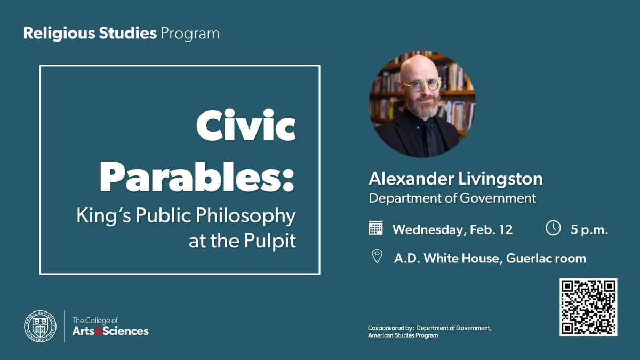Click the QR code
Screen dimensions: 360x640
[588, 307]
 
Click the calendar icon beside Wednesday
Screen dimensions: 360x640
[376, 228]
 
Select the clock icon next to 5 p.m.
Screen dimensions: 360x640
[553, 228]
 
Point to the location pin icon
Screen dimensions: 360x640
[377, 258]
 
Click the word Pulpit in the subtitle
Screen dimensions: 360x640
[271, 241]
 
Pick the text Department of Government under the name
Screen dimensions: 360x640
[452, 198]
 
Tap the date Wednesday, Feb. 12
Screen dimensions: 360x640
[452, 229]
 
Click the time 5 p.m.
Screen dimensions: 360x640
[589, 229]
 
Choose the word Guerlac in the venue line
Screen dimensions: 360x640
[525, 258]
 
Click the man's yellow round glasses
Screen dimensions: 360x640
[421, 85]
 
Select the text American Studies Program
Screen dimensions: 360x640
[403, 335]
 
